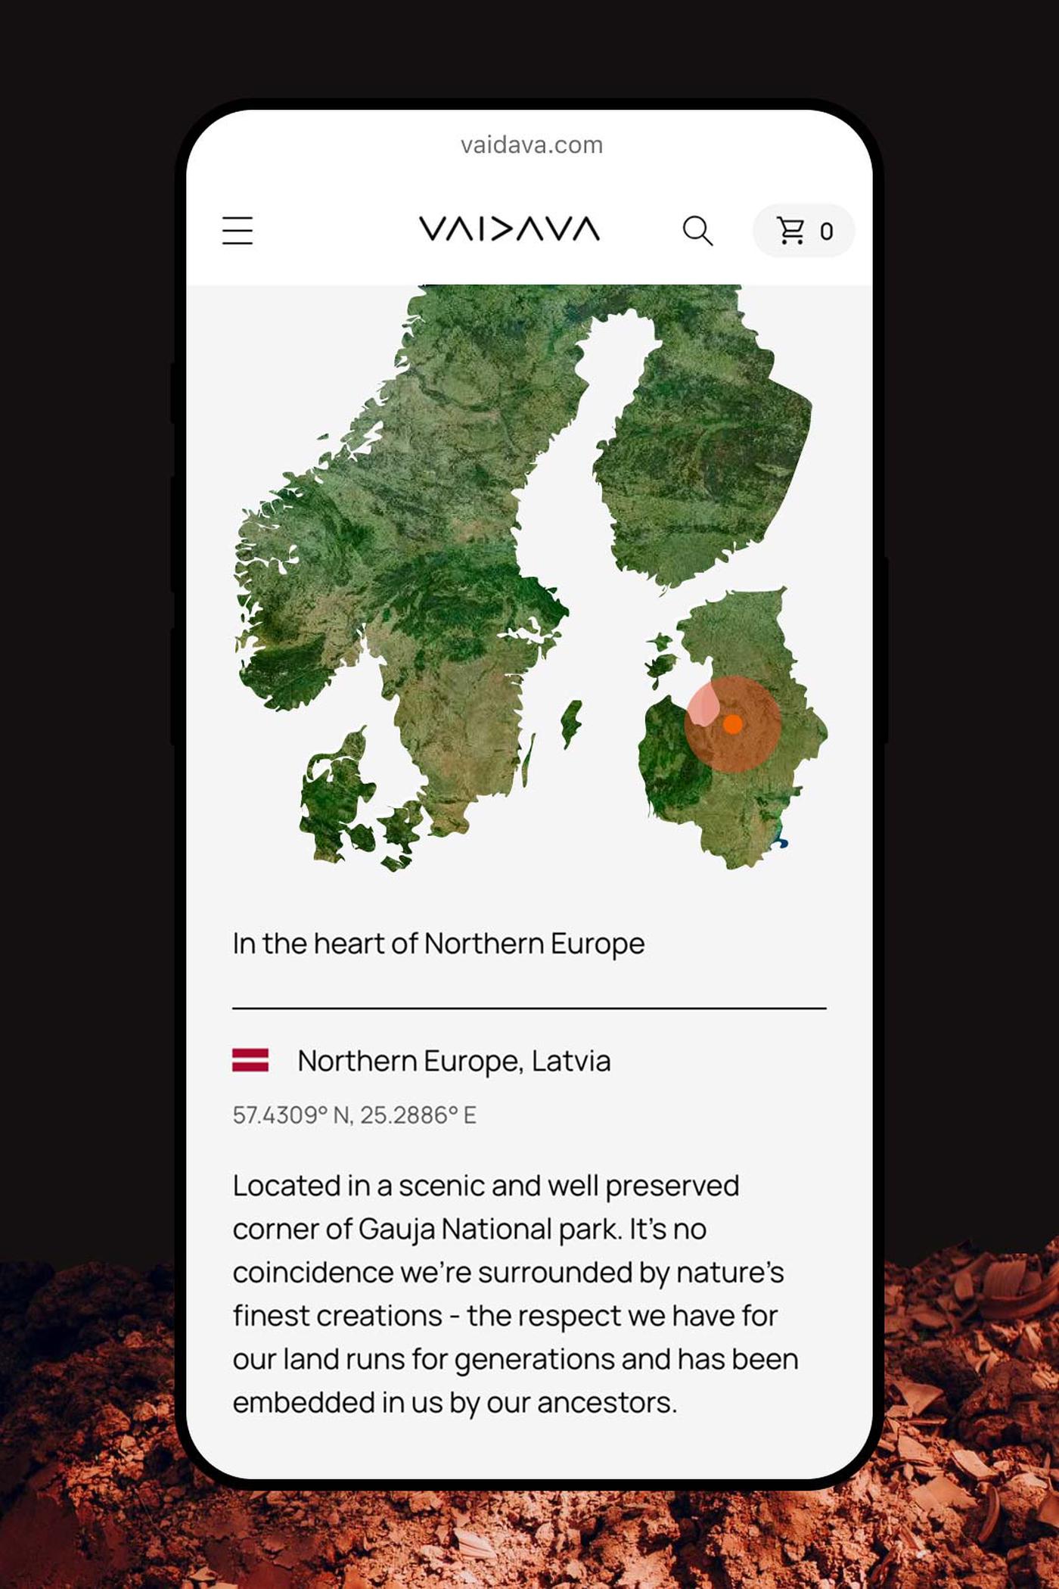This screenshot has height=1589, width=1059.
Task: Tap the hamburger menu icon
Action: [x=238, y=231]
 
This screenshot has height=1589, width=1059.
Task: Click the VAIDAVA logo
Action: [x=509, y=229]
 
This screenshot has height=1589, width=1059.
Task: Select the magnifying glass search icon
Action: [x=697, y=231]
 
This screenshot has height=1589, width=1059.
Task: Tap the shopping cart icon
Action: [x=791, y=231]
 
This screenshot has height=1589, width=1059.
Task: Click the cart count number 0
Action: [x=826, y=232]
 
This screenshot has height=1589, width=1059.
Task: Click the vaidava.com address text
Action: [x=531, y=145]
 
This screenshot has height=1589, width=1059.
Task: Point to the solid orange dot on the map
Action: [x=732, y=724]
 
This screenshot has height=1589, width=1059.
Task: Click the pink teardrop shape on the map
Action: [x=704, y=706]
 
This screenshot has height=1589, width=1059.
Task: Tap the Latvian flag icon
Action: [x=250, y=1060]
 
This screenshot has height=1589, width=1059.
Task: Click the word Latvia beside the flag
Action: [x=571, y=1061]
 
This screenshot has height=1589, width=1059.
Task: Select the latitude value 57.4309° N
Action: [x=291, y=1115]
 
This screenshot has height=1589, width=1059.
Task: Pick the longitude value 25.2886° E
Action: [x=418, y=1115]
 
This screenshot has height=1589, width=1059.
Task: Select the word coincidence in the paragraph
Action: [x=313, y=1273]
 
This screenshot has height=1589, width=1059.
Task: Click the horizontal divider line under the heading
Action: [x=529, y=1009]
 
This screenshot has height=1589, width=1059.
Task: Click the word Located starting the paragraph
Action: [x=286, y=1186]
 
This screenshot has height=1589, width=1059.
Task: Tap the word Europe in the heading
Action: [x=598, y=944]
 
